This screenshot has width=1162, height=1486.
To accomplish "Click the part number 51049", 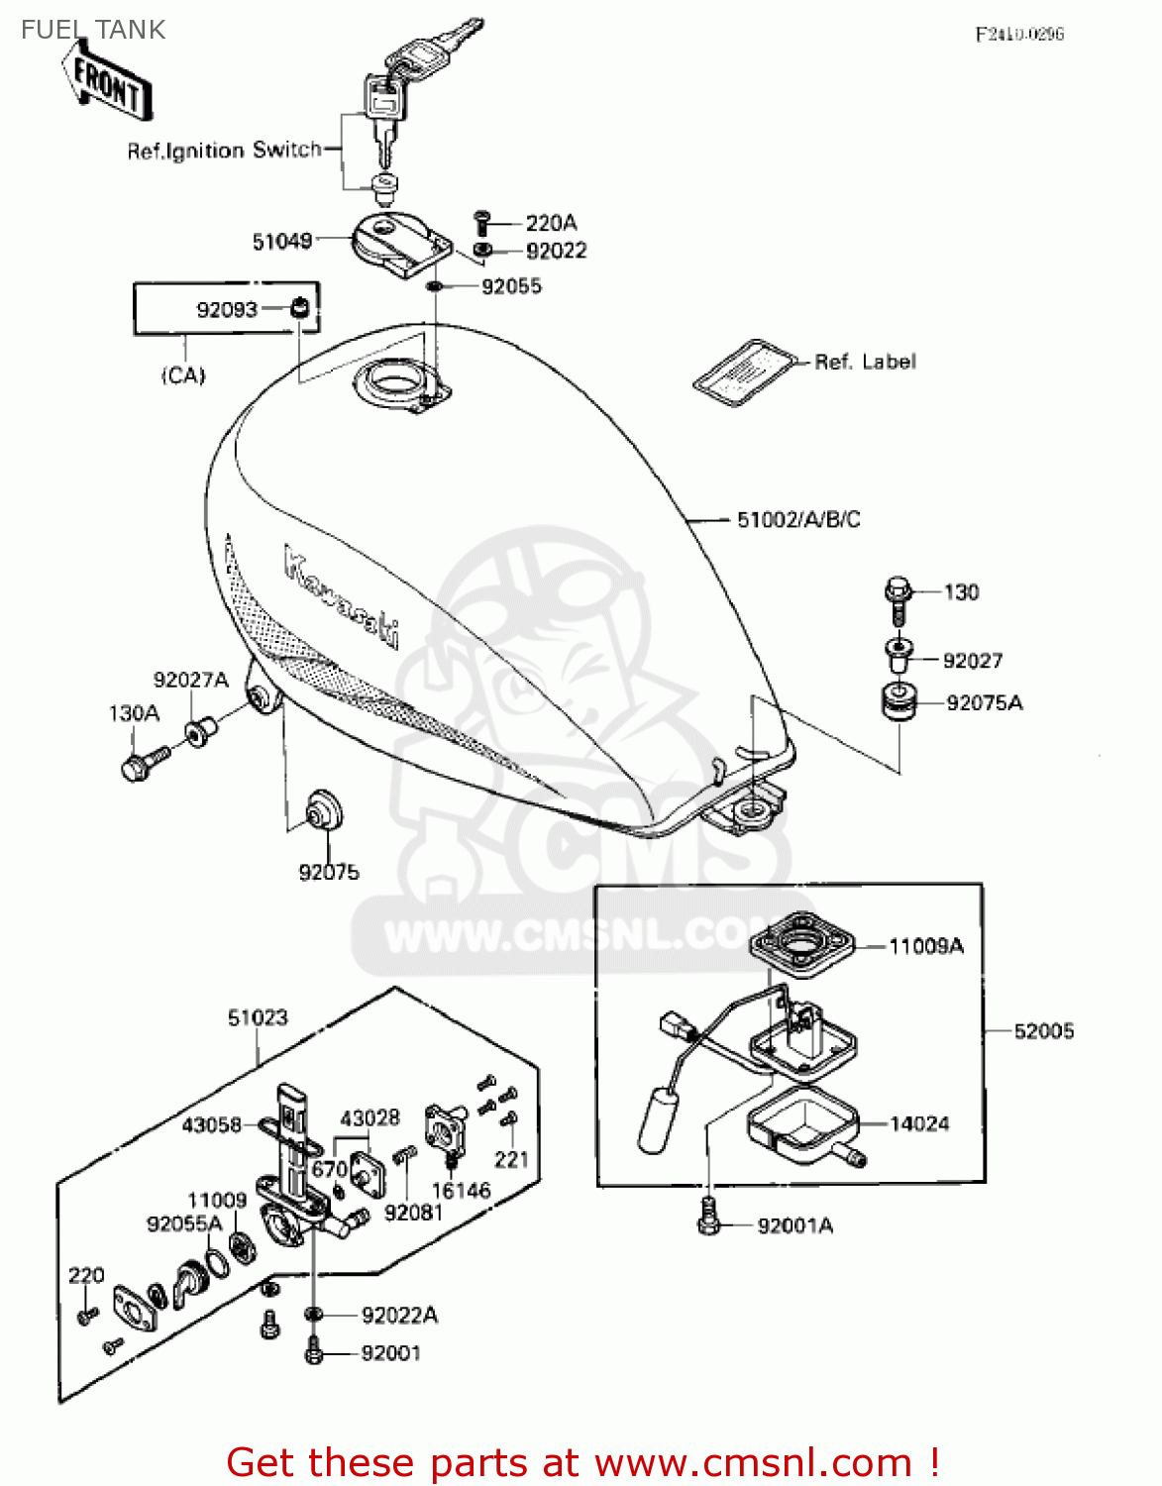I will coord(281,241).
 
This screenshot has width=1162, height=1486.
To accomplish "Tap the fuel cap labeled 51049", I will coord(398,244).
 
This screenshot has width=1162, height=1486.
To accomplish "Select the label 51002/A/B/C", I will coord(797,519).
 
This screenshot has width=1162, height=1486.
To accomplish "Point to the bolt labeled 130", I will coord(897,595).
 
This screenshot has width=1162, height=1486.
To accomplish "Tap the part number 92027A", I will coord(190,680).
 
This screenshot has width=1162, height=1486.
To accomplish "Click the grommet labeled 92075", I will coord(323,810).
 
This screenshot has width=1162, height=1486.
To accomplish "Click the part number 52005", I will coord(1043,1031).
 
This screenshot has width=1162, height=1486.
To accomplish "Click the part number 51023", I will coord(258,1017).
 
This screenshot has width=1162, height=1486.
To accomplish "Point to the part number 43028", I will coord(370,1117).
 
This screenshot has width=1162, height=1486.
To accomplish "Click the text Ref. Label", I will coord(865,362).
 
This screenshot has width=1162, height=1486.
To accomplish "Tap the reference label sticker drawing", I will coord(745,371).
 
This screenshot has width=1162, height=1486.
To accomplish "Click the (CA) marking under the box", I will coord(183,375).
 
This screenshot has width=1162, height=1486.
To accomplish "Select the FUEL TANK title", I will coord(93,30).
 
